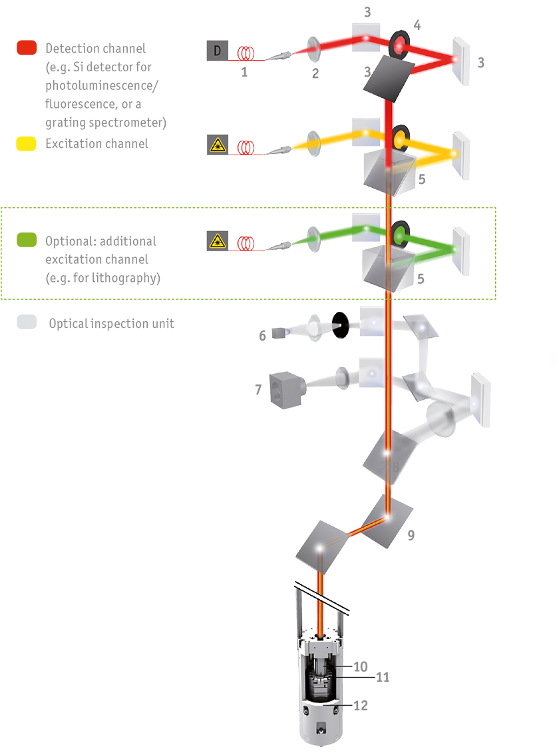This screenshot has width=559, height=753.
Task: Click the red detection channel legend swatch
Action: click(x=27, y=48)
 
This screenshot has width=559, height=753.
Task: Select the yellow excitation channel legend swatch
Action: click(x=27, y=144)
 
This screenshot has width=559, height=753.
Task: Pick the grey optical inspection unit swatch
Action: click(x=27, y=323)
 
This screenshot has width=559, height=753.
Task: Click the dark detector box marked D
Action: click(x=217, y=51)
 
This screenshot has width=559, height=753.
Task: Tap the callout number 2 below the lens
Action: click(x=315, y=73)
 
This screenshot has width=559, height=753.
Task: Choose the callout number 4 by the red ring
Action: click(x=417, y=26)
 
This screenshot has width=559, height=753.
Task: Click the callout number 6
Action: click(x=262, y=336)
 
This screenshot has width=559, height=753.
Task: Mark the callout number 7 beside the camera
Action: click(x=258, y=388)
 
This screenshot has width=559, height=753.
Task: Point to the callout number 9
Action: click(x=411, y=534)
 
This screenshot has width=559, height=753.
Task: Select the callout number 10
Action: click(x=360, y=666)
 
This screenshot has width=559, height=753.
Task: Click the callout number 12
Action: click(x=360, y=705)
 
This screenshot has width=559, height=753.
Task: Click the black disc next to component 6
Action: click(x=341, y=324)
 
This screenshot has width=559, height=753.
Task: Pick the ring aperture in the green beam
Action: click(x=401, y=234)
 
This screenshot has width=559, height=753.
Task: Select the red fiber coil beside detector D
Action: click(x=248, y=51)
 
